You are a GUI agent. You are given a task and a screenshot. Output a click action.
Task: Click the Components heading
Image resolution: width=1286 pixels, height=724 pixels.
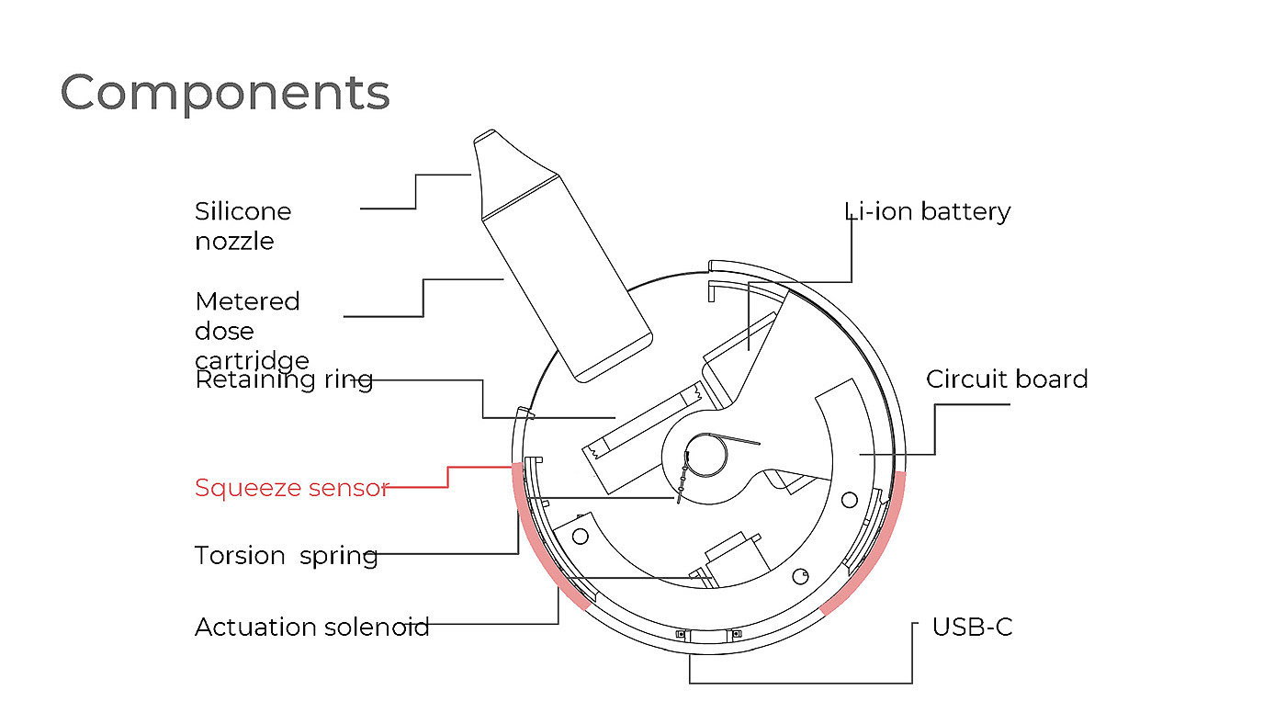[225, 93]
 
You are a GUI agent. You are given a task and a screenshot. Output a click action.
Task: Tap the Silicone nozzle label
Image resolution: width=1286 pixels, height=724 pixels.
[243, 226]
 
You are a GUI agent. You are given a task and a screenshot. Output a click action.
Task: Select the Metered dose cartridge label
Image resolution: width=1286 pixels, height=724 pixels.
[251, 330]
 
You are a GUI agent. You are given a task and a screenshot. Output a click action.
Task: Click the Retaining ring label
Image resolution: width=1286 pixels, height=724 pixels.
[284, 379]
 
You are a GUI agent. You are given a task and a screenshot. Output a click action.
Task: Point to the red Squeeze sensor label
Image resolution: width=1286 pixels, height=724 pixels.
[291, 487]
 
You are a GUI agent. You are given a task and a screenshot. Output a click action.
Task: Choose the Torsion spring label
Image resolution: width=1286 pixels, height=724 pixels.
[286, 556]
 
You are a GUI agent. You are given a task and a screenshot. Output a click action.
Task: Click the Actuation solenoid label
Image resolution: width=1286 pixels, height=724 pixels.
[311, 628]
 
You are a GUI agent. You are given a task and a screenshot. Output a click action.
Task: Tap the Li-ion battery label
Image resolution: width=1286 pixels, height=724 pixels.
[928, 211]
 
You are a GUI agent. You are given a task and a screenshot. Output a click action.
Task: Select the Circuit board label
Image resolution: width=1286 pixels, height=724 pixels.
[1007, 379]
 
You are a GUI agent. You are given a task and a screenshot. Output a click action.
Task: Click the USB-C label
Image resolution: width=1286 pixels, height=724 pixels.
[972, 627]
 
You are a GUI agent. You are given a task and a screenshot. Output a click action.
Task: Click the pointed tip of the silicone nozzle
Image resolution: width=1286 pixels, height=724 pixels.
[484, 141]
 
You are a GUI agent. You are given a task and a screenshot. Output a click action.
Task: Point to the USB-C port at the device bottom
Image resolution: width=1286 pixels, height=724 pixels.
[708, 636]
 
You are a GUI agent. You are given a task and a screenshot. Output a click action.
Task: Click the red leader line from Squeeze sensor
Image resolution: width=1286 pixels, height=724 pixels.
[448, 477]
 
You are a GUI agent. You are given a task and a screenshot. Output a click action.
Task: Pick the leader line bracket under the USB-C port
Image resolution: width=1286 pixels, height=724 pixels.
[799, 683]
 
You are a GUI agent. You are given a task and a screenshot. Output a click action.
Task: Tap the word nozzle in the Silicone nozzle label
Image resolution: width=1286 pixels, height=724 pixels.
[234, 242]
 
